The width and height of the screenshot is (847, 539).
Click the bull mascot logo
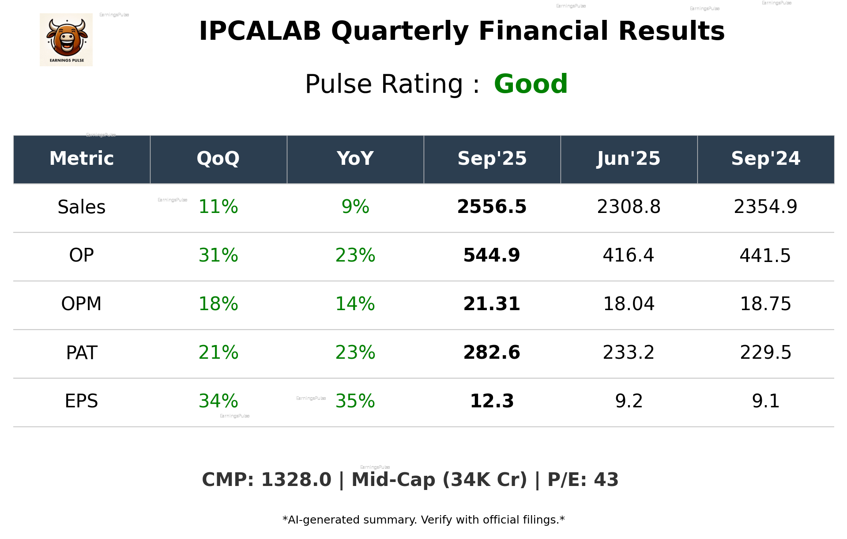click(66, 39)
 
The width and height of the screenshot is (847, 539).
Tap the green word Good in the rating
click(531, 84)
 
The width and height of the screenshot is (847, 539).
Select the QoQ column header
click(218, 159)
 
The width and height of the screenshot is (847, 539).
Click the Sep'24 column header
click(765, 159)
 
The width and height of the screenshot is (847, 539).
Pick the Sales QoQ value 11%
click(218, 207)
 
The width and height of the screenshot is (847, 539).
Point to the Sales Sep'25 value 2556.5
click(492, 207)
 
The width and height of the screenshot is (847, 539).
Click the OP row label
click(82, 255)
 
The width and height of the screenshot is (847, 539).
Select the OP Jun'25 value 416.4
click(629, 255)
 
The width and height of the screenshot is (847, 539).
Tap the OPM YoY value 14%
click(355, 304)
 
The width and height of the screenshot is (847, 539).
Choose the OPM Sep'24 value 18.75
click(765, 304)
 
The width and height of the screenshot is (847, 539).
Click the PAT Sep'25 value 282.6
click(492, 353)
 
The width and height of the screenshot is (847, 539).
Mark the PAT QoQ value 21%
click(218, 353)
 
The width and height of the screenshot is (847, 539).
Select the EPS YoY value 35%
click(355, 401)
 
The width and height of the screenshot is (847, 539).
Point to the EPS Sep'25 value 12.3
click(492, 401)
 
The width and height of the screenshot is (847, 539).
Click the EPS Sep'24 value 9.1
click(765, 401)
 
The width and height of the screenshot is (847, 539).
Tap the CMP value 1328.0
click(296, 480)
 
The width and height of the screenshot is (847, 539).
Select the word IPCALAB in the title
click(260, 31)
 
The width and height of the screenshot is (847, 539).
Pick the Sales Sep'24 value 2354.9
click(765, 207)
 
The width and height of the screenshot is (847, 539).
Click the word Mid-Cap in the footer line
click(393, 480)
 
